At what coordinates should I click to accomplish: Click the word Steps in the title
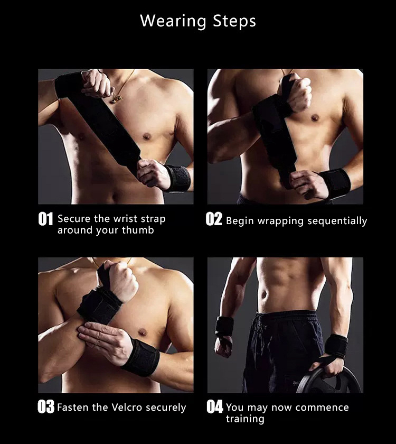point(234,22)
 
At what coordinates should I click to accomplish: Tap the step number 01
point(46,219)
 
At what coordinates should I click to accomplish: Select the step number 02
point(214,219)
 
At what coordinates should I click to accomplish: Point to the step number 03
point(46,408)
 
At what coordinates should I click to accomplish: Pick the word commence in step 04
point(323,408)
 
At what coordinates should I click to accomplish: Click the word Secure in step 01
point(73,219)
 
